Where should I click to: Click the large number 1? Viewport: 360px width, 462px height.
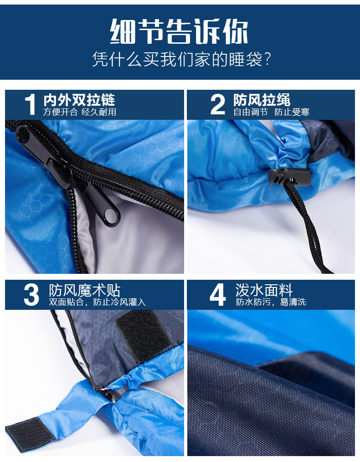point(30,105)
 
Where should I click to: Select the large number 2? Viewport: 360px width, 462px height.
point(218,105)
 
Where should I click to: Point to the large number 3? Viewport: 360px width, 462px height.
point(31,295)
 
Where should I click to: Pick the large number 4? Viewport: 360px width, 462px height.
point(217,295)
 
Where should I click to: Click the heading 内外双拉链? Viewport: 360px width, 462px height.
point(79,100)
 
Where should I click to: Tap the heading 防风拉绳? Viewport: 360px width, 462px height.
point(262,100)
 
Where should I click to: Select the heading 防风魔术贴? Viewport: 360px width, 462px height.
point(85,290)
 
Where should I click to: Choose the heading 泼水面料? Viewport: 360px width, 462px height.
point(264,290)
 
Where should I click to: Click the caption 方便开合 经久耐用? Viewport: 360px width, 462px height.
point(80,112)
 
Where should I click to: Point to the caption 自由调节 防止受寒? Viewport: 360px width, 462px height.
point(271,112)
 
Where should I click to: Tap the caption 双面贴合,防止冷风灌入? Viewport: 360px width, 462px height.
point(98,302)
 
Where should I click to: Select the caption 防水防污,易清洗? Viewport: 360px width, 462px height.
point(271,302)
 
